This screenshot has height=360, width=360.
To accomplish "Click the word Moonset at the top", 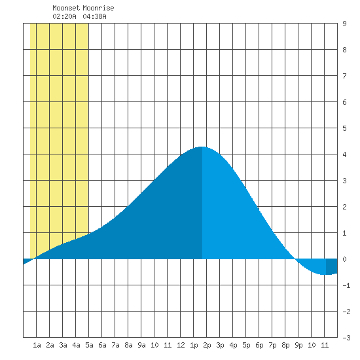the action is (x=66, y=8).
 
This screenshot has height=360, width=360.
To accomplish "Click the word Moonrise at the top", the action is (x=98, y=8).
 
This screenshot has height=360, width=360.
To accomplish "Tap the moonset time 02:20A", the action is (x=64, y=16).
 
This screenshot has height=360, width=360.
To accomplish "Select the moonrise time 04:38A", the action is (x=94, y=16).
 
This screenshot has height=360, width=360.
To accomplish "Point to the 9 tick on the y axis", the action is (x=344, y=24).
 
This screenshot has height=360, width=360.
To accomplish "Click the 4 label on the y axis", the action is (x=344, y=154).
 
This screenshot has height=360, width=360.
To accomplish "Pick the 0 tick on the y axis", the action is (x=344, y=259).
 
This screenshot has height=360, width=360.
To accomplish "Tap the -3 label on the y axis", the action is (x=346, y=338).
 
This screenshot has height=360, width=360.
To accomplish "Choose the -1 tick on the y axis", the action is (x=346, y=285).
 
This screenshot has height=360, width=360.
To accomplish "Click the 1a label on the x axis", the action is (x=37, y=345).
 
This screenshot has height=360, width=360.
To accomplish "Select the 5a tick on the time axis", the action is (x=89, y=345).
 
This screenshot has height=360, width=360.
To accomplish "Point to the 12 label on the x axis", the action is (x=181, y=345).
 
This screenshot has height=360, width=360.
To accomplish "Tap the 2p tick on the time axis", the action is (x=207, y=345).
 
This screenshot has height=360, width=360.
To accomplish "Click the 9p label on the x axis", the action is (x=298, y=345).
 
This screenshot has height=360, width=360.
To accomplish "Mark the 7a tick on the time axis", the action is (x=115, y=345).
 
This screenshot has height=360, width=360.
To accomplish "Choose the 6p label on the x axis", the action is (x=259, y=345).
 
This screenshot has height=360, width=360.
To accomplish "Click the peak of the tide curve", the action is (x=202, y=147).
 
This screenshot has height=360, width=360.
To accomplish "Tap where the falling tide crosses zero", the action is (x=295, y=259).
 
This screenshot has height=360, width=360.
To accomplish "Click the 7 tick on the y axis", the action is (x=344, y=76).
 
